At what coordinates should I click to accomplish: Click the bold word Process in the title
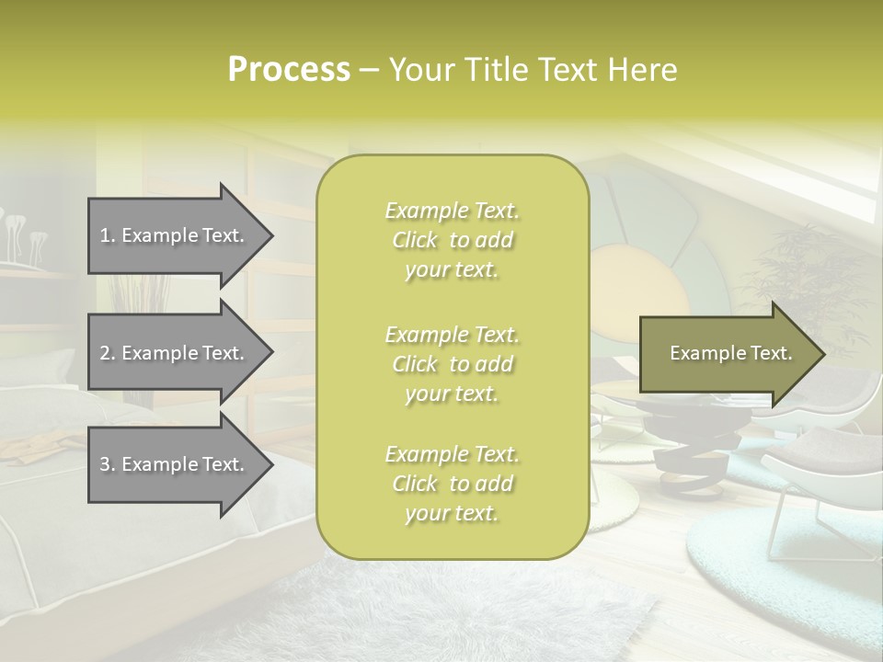(x=289, y=70)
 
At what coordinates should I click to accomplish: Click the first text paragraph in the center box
(x=452, y=240)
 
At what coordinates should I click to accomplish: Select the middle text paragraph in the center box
(x=452, y=364)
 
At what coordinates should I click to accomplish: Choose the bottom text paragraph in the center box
(x=452, y=484)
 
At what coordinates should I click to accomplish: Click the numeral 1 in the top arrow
(x=105, y=235)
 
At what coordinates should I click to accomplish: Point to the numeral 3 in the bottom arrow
(x=105, y=464)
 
